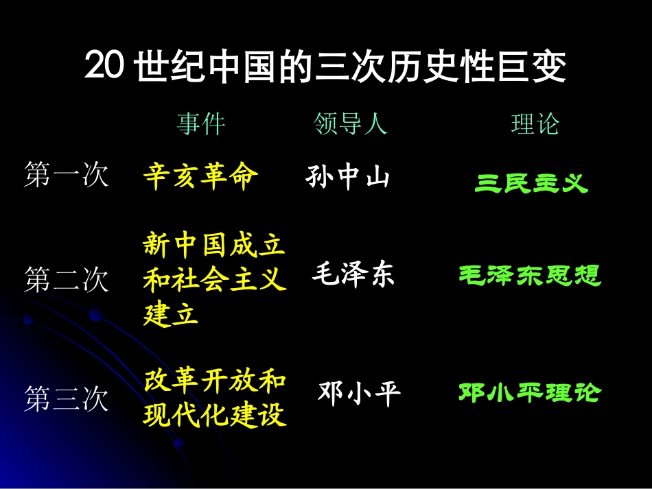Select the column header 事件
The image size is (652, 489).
coord(201,124)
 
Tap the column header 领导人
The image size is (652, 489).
coord(351,124)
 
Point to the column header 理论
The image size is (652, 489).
coord(535,124)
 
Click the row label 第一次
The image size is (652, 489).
coord(66,175)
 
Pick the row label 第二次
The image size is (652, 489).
coord(66,280)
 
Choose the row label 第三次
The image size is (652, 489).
coord(66,399)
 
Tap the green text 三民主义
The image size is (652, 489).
coord(531,183)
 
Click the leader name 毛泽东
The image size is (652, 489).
coord(353,276)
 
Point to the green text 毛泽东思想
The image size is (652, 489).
coord(530,276)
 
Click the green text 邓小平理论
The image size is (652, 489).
coord(530,393)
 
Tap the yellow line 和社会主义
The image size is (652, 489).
coord(214,280)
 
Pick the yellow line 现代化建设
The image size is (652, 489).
coord(214,415)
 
